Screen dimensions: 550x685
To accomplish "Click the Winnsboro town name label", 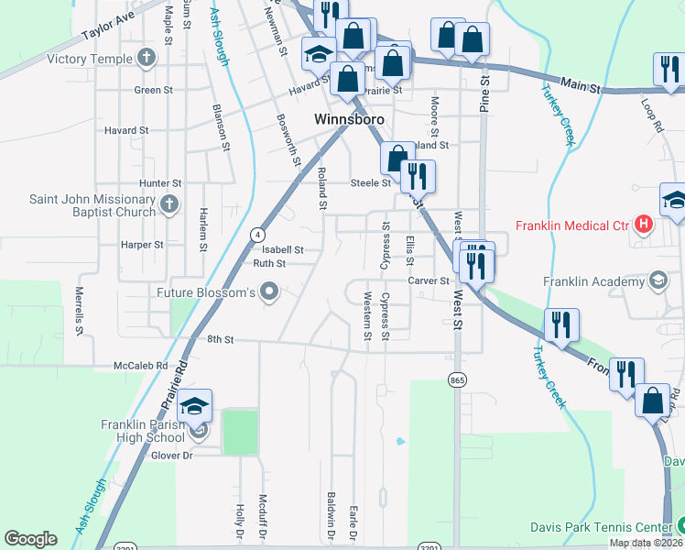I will click(x=348, y=119).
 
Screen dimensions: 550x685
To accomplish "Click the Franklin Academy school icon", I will click(x=658, y=280).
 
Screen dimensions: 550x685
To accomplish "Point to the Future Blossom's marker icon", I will click(x=269, y=293).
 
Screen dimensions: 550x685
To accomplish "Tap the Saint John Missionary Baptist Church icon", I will click(x=168, y=205).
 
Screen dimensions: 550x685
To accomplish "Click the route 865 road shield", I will click(x=457, y=379).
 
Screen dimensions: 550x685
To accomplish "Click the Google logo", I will click(x=30, y=539).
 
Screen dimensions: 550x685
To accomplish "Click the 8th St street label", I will click(x=221, y=339).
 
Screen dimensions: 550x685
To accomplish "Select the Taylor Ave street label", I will click(x=108, y=27).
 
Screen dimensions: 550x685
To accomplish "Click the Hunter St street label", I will click(x=155, y=183).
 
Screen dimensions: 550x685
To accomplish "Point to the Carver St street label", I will click(x=427, y=280).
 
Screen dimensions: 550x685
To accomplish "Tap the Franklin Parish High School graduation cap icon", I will click(x=194, y=405).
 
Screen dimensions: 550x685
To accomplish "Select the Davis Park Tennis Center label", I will click(x=601, y=527).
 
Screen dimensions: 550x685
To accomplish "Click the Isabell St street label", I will click(x=282, y=249).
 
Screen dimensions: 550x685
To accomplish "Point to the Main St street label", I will click(x=580, y=87).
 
